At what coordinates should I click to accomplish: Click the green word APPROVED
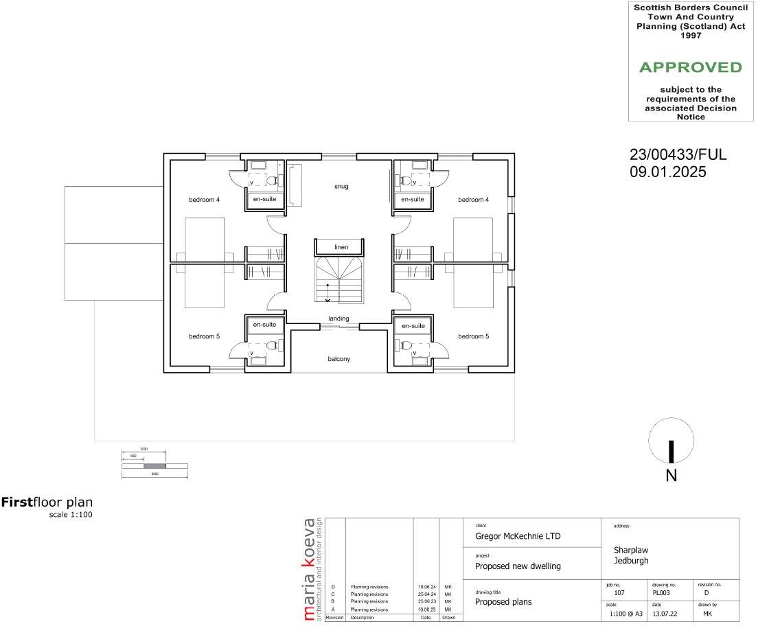(690, 67)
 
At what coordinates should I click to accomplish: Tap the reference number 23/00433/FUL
(678, 155)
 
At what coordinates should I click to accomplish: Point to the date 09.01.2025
(667, 173)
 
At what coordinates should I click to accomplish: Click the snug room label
(341, 186)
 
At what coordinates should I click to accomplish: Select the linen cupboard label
(341, 247)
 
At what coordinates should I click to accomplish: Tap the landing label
(338, 318)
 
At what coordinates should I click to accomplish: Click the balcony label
(338, 358)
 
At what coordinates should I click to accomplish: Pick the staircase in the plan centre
(341, 279)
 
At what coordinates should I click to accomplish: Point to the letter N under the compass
(671, 476)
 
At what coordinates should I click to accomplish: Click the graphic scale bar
(154, 466)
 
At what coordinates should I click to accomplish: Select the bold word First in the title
(17, 502)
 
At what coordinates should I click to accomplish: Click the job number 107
(619, 592)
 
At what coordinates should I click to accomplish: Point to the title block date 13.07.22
(661, 614)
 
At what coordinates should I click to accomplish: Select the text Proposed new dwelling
(518, 566)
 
